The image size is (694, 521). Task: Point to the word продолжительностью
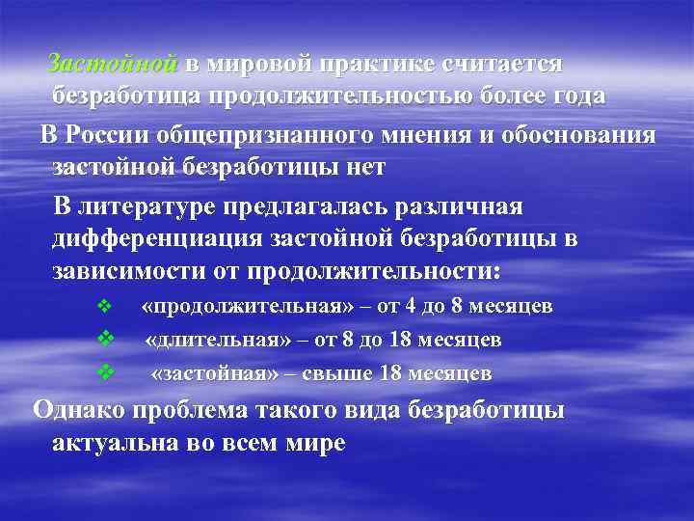[331, 96]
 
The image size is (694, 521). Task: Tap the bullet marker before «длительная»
[106, 340]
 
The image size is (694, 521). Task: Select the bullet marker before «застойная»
[106, 371]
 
